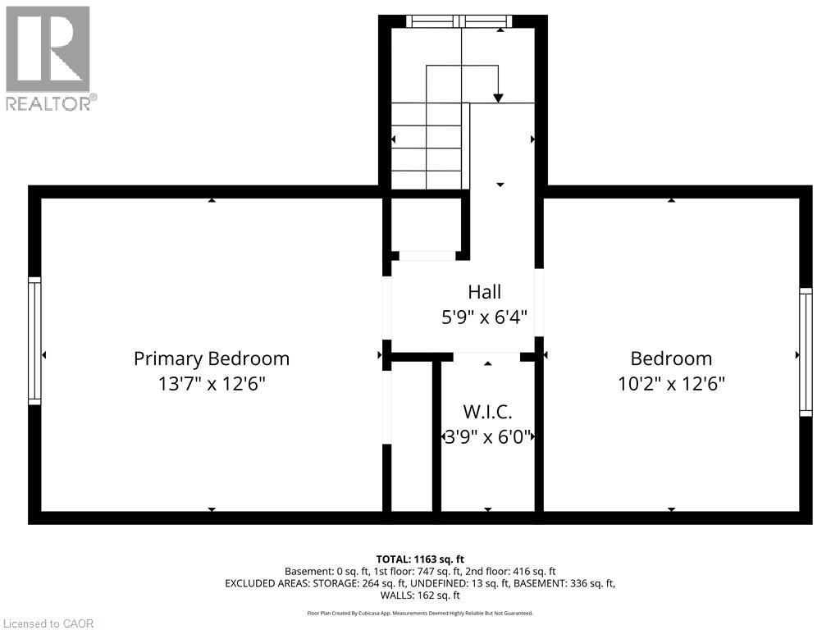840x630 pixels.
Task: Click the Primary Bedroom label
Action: pos(212,358)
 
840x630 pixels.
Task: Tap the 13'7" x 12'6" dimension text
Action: pos(212,383)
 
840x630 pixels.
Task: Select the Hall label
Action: pos(484,291)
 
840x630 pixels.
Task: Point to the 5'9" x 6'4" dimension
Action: pos(484,316)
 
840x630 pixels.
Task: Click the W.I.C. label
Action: pos(487,412)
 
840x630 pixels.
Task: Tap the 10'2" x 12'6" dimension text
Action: pos(671,383)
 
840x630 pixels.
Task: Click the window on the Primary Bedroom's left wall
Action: pos(34,340)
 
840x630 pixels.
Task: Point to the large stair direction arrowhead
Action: pos(498,98)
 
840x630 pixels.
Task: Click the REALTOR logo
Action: pos(49,57)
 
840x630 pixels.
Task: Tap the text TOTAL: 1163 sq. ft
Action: pos(420,559)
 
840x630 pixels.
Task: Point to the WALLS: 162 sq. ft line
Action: pos(420,596)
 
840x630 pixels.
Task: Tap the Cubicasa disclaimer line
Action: pos(420,613)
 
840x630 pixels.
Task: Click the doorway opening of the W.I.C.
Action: pos(486,356)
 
